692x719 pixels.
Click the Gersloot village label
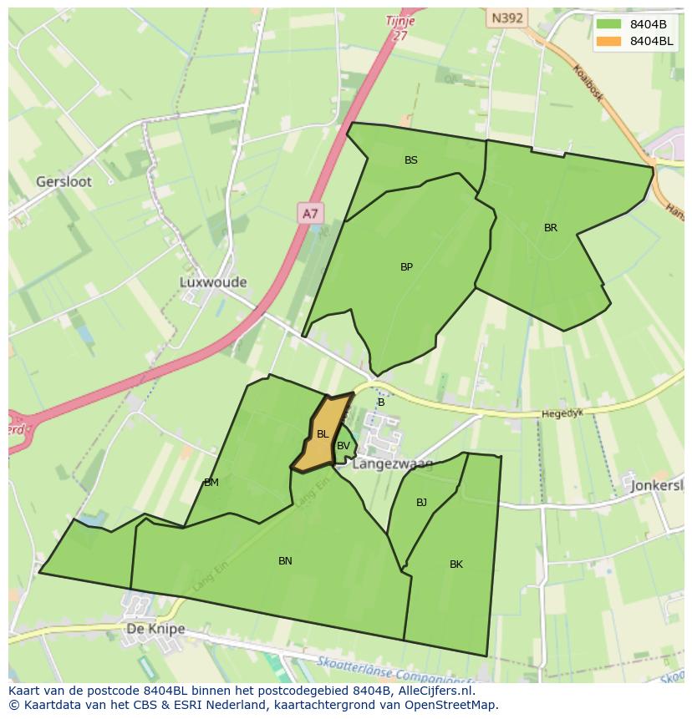tap(64, 181)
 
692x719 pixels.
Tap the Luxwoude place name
tap(213, 282)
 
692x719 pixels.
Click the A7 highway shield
tap(310, 214)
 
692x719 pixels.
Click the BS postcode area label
tap(411, 160)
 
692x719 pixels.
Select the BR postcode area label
tap(551, 228)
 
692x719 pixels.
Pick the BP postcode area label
tap(406, 267)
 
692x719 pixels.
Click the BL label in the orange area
tap(323, 433)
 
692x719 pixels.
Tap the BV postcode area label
tap(343, 446)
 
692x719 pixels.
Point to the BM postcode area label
tap(211, 483)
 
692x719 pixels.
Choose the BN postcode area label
tap(285, 561)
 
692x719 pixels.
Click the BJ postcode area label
tap(421, 503)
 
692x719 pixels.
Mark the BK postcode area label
tap(456, 565)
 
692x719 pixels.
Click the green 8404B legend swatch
tap(609, 24)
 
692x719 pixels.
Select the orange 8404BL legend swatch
tap(609, 41)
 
